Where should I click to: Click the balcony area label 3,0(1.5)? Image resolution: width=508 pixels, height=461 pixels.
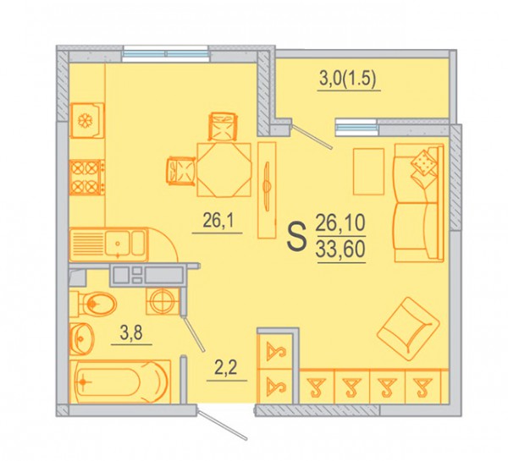(348, 80)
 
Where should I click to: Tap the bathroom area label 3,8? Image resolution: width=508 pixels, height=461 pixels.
(131, 332)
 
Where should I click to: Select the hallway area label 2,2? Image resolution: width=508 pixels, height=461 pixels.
(226, 368)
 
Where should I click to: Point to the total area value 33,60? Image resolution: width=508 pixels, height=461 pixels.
(341, 250)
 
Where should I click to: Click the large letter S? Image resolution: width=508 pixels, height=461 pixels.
(297, 237)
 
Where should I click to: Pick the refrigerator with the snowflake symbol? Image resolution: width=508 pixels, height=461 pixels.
(87, 120)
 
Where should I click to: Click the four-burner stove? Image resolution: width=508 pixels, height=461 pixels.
(87, 178)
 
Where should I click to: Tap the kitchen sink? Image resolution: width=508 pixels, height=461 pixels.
(109, 244)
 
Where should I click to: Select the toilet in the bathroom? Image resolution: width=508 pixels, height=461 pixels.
(93, 304)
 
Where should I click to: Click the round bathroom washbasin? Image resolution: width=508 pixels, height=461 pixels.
(81, 339)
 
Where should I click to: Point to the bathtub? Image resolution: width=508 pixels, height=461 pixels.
(120, 381)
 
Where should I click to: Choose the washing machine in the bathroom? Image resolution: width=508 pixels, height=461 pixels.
(163, 301)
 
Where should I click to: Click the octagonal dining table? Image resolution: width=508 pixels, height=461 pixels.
(224, 170)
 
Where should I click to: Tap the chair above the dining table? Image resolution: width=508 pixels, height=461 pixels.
(222, 126)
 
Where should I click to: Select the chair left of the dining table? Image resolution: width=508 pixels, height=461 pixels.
(181, 170)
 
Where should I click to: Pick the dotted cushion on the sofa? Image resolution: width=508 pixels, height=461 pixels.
(423, 163)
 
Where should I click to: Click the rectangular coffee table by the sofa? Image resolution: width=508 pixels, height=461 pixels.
(368, 172)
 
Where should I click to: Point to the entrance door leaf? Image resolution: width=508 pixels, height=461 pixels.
(222, 425)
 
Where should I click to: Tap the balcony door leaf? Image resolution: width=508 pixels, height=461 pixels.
(312, 137)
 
